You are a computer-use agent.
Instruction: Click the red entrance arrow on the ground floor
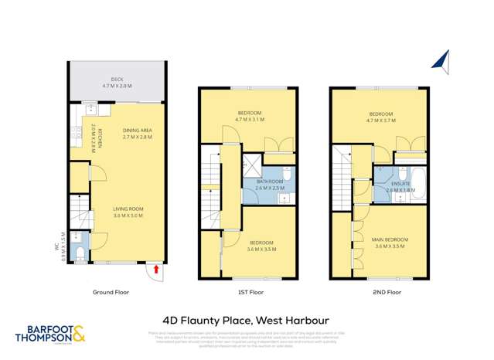tap(158, 269)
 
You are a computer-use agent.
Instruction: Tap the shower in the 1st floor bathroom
tap(251, 165)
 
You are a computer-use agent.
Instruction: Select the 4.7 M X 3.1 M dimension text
tap(249, 120)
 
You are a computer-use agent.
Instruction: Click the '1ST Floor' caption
tap(249, 293)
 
